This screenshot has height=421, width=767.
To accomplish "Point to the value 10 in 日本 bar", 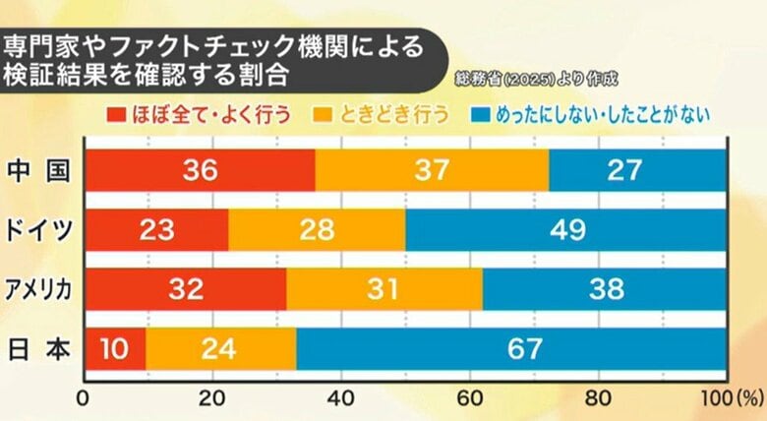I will (115, 347).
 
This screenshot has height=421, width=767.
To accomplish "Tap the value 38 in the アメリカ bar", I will (605, 288).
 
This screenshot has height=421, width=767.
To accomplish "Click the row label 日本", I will (39, 347).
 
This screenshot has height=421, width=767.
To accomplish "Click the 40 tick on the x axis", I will (340, 399).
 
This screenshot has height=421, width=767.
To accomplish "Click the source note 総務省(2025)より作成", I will (540, 76).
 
